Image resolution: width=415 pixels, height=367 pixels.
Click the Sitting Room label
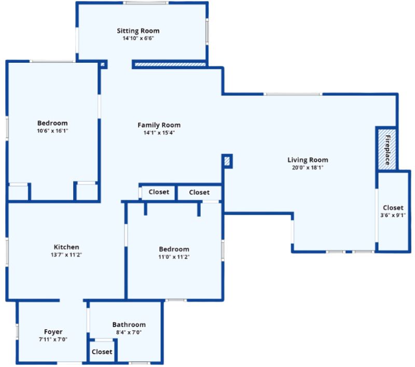pos(138,31)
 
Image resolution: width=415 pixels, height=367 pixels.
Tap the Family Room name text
pos(159,125)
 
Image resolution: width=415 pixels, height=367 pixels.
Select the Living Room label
pos(308,160)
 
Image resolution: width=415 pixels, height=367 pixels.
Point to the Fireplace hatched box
pos(387,148)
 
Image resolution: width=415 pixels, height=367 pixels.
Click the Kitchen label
pos(66,247)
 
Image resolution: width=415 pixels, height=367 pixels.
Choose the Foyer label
pos(53,332)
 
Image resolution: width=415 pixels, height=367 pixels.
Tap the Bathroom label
pos(129,324)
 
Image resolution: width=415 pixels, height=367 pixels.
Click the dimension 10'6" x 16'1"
pos(52,131)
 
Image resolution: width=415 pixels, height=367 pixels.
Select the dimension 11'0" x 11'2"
pos(174,257)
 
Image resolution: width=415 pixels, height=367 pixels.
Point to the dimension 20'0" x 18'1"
pos(308,167)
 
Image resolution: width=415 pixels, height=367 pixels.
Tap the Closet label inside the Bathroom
pos(102,351)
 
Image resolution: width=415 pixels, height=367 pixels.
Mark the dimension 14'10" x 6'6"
pos(138,38)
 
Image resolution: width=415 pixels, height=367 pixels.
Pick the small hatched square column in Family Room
pos(227,161)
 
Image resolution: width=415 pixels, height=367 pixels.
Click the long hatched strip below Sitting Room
pos(170,65)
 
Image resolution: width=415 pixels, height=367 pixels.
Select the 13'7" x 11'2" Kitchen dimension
pos(66,255)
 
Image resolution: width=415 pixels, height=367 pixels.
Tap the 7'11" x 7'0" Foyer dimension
pos(53,340)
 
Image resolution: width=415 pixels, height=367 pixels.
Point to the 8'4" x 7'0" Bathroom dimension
pos(129,332)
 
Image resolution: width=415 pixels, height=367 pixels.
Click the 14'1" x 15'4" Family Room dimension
pos(159,133)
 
